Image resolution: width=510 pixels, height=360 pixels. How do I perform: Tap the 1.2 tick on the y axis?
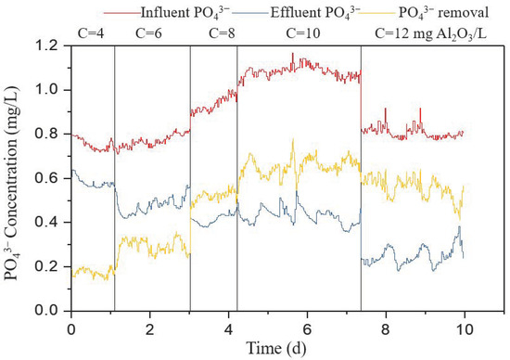point(51,45)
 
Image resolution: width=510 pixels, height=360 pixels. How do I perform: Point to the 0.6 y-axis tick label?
point(51,178)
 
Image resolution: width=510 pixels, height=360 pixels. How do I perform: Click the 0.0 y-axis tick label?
point(51,311)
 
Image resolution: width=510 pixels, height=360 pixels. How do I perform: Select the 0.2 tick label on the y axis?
point(51,266)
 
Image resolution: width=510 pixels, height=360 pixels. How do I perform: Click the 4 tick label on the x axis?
point(229,328)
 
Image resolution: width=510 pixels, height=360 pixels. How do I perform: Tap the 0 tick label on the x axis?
point(71,328)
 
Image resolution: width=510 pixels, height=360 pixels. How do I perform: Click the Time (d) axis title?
point(269,347)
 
